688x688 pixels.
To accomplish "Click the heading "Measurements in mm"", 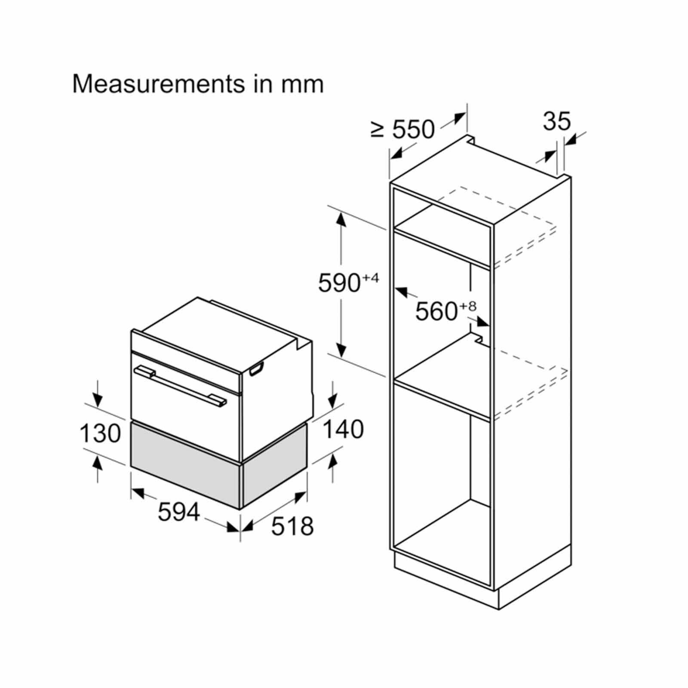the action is click(x=198, y=84).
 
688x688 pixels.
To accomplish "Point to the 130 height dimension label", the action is click(x=100, y=433).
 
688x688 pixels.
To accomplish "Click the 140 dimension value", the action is click(x=343, y=429).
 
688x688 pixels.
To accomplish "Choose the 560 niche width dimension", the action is click(x=436, y=311).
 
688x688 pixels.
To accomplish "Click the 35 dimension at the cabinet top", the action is click(x=557, y=121).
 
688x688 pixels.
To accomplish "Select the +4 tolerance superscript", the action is click(x=370, y=277).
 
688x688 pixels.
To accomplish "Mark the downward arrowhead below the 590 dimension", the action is click(x=341, y=350).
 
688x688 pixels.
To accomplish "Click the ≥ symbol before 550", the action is click(x=378, y=130).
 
